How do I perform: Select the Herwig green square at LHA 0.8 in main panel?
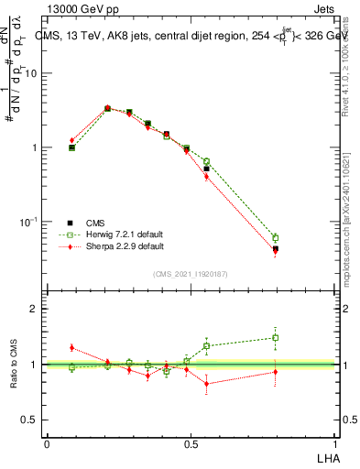(276, 238)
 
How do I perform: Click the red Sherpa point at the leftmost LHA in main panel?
(72, 140)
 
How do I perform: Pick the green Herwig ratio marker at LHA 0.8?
(276, 337)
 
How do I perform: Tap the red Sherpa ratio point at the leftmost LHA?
(72, 348)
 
